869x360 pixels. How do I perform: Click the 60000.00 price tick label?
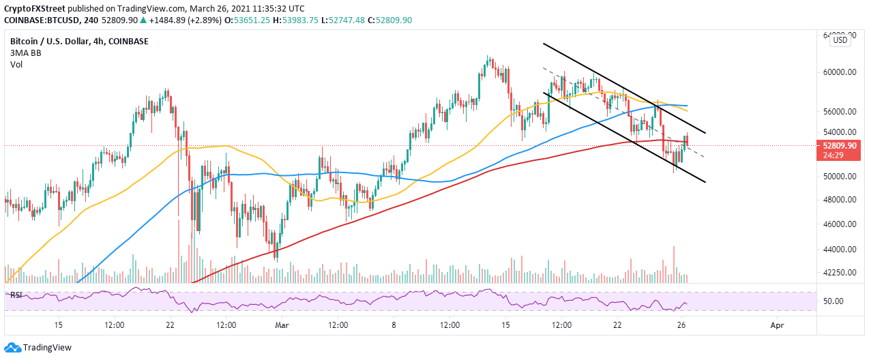840,72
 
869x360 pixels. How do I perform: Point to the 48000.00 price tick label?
840,200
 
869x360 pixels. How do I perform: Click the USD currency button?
840,40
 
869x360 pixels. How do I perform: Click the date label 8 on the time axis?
394,325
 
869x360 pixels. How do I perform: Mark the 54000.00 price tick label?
840,132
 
